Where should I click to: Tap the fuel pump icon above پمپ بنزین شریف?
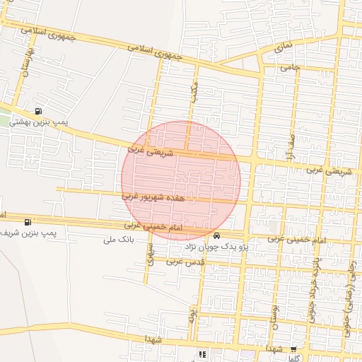pos(28,222)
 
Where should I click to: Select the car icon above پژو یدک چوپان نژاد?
pos(216,235)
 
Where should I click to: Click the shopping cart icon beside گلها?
pos(293,349)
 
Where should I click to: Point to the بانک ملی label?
pos(119,240)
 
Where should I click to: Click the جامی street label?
pos(291,68)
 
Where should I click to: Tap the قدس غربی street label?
pos(185,262)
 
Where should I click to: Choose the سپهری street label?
pos(150,255)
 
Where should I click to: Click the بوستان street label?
pos(274,315)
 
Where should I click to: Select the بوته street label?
pos(192,314)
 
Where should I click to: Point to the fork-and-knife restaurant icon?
pos(202,354)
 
